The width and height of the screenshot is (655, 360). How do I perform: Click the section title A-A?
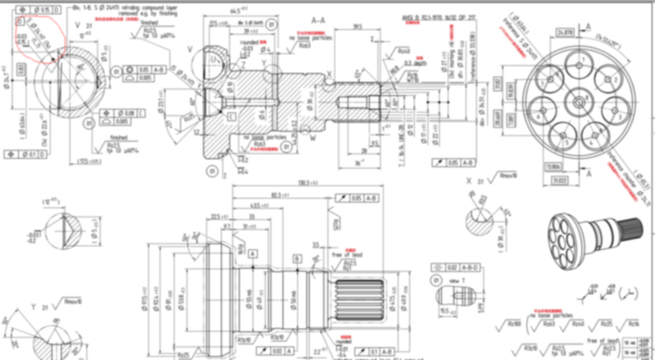tap(318, 21)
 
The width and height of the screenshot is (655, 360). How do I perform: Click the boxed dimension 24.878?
tap(565, 33)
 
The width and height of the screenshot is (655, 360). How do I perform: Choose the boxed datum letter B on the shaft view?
tap(297, 260)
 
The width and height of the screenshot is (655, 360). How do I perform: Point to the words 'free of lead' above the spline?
tap(347, 255)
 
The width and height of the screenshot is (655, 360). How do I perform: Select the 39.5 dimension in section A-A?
tap(357, 27)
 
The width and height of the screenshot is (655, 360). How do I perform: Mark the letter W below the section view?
tap(313, 139)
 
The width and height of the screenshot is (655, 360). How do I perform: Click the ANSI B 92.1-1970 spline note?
tap(438, 18)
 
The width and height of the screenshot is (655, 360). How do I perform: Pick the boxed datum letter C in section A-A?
tap(231, 116)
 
